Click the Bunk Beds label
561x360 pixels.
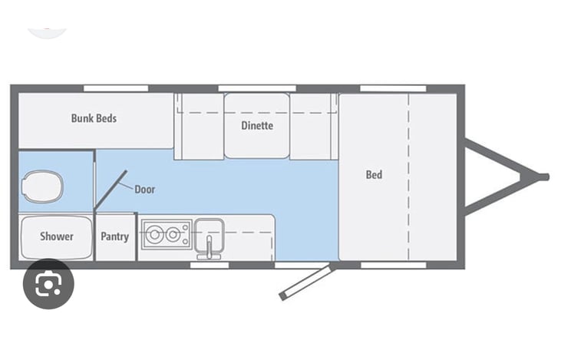click(x=94, y=118)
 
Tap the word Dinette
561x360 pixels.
click(x=256, y=125)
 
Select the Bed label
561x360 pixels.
click(x=374, y=174)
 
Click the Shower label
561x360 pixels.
click(x=56, y=236)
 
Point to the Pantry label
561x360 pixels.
click(x=115, y=236)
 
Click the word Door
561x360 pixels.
click(x=144, y=189)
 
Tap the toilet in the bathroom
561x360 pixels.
click(x=43, y=185)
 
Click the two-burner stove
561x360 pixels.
click(x=165, y=233)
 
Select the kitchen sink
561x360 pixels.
click(x=208, y=230)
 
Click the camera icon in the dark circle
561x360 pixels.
click(x=48, y=284)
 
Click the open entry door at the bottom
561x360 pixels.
click(x=305, y=282)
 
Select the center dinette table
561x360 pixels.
click(x=256, y=126)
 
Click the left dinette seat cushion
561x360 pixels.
click(x=199, y=126)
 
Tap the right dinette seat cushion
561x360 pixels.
click(x=314, y=126)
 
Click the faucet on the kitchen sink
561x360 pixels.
click(x=208, y=245)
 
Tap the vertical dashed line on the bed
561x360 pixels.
click(x=409, y=177)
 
